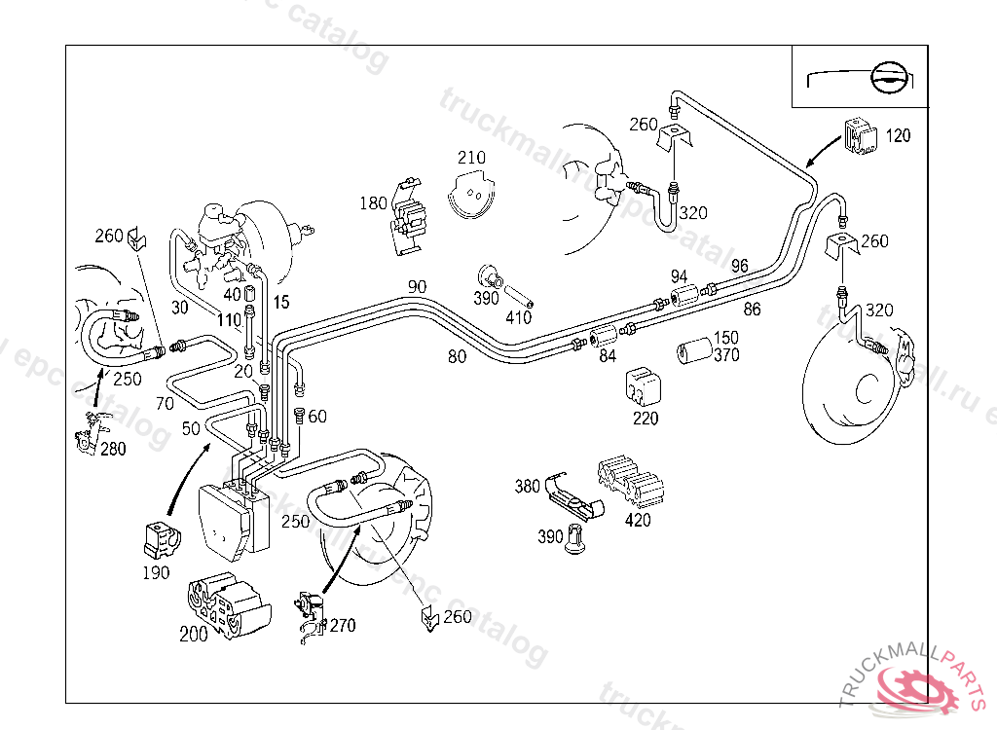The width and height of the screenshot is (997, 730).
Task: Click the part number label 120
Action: point(899,135)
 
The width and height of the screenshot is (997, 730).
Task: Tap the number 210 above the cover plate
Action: point(471,158)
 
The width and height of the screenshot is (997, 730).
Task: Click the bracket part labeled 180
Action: point(412,222)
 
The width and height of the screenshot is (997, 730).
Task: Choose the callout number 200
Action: point(194,634)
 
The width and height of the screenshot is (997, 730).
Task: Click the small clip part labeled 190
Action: point(161,539)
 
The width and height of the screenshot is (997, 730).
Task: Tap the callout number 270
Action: point(343,626)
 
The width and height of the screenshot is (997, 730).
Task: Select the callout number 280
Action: point(113,449)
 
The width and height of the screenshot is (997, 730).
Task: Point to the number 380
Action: point(527,487)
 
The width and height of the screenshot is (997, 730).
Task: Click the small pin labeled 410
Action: point(518,292)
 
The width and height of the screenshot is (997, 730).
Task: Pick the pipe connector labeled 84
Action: point(607,336)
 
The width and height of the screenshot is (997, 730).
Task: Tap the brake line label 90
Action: point(417,286)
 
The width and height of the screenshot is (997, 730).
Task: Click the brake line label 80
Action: point(457,356)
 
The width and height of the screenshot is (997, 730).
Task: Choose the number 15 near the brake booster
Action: point(280,303)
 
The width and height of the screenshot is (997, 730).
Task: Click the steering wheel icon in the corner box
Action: point(891,77)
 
